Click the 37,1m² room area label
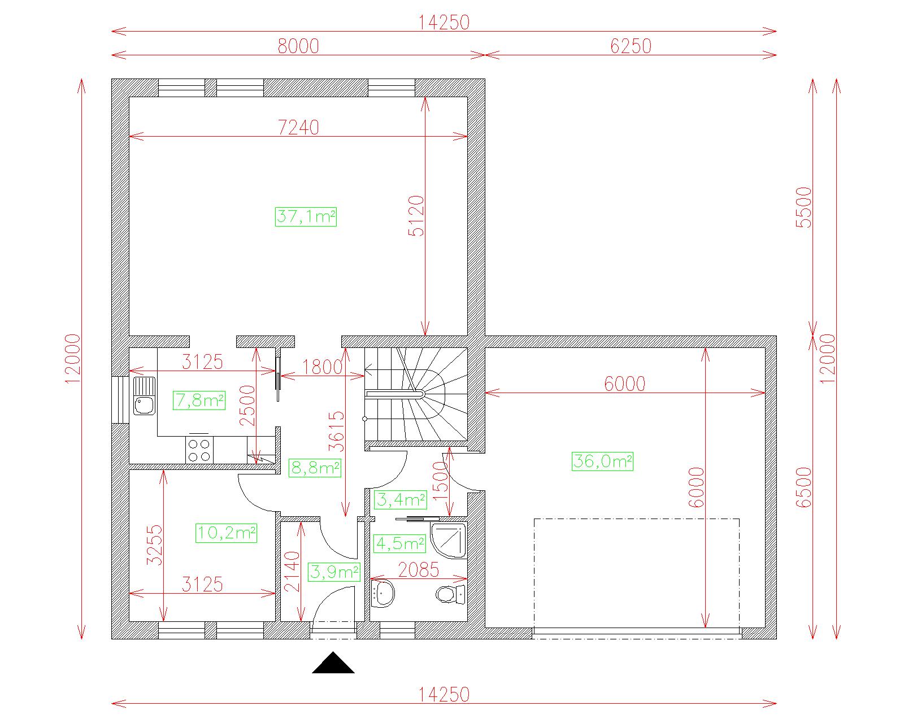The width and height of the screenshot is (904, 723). [x=306, y=217]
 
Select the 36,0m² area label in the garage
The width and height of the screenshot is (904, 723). [x=602, y=461]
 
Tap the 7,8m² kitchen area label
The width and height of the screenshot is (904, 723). [x=199, y=400]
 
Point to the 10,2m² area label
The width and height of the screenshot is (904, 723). [x=226, y=533]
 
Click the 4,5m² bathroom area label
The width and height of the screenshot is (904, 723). [x=400, y=543]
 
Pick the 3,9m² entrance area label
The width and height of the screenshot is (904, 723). [x=334, y=572]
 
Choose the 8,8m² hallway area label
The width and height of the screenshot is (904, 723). [x=315, y=468]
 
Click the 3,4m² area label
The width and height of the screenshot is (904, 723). [x=401, y=499]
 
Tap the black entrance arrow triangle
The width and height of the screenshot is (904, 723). [x=333, y=664]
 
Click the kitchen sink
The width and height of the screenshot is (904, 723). [x=145, y=396]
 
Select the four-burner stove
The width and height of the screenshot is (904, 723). [x=199, y=450]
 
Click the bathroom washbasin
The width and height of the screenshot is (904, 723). [x=383, y=593]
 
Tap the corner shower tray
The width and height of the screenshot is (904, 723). [x=449, y=540]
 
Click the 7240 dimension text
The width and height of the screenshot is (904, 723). [x=299, y=127]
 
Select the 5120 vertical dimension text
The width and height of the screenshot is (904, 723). [x=416, y=216]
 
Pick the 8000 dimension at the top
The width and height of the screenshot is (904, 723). [x=298, y=46]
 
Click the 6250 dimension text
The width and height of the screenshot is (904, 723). [x=631, y=46]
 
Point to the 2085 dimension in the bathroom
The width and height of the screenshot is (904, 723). [x=419, y=570]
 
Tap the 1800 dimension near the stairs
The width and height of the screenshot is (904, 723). [x=323, y=367]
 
